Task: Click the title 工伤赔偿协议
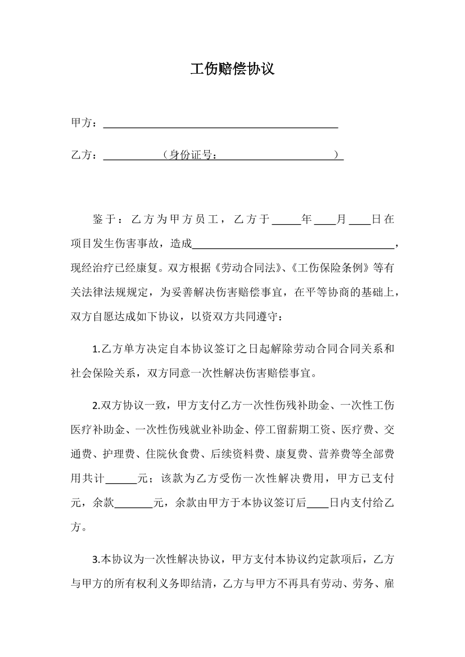[232, 70]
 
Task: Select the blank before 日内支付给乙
[318, 503]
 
